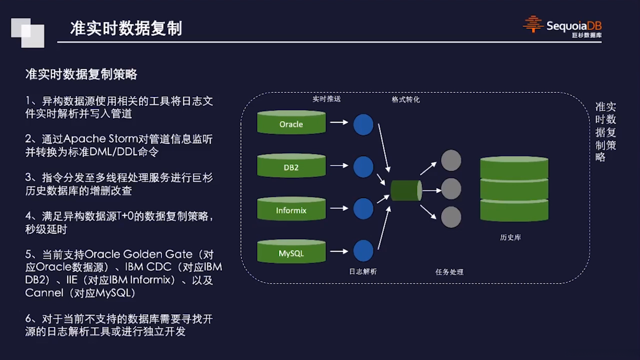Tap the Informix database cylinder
point(291,209)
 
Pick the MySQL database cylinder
point(291,252)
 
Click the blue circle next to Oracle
point(363,125)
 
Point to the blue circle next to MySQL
point(363,251)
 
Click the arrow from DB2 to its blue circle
point(339,166)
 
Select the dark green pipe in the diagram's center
point(406,190)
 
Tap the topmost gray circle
point(451,160)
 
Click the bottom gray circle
point(451,217)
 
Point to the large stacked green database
point(514,189)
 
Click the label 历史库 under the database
point(510,237)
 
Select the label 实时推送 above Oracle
point(326,99)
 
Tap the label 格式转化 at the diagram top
point(406,99)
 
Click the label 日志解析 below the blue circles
point(363,272)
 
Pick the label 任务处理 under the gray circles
point(449,272)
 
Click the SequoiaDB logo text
point(573,26)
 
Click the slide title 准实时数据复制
point(126,28)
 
